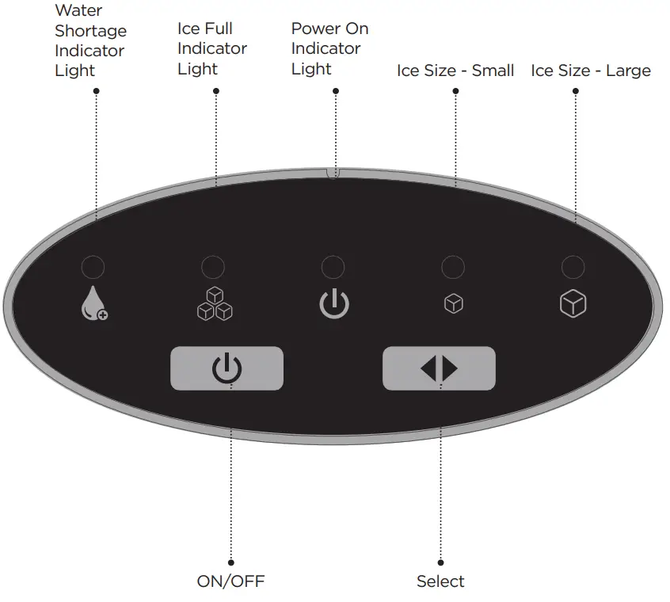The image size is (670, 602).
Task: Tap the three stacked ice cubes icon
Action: click(x=215, y=304)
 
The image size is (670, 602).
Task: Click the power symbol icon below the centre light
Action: click(x=333, y=304)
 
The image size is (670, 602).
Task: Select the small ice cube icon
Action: click(x=454, y=304)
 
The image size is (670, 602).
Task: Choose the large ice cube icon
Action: click(x=573, y=304)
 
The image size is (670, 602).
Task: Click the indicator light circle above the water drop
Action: click(x=93, y=267)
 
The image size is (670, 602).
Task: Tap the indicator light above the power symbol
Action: click(x=333, y=267)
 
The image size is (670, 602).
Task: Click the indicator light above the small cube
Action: click(x=452, y=267)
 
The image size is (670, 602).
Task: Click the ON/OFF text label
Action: click(x=230, y=581)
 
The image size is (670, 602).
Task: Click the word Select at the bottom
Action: click(x=440, y=581)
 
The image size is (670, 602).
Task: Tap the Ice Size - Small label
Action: click(x=455, y=70)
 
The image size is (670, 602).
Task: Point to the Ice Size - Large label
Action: click(x=591, y=70)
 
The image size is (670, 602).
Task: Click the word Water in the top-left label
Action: click(x=78, y=11)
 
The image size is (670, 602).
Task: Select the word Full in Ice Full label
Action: click(x=218, y=29)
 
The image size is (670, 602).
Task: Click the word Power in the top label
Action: click(x=314, y=29)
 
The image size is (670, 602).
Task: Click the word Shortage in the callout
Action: click(x=90, y=31)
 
